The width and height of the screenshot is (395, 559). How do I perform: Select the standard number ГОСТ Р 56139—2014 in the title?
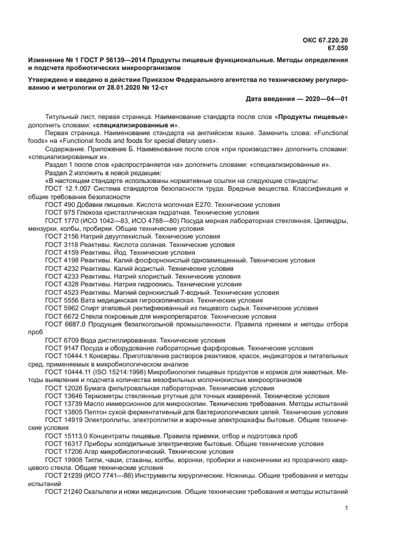tap(111, 61)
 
